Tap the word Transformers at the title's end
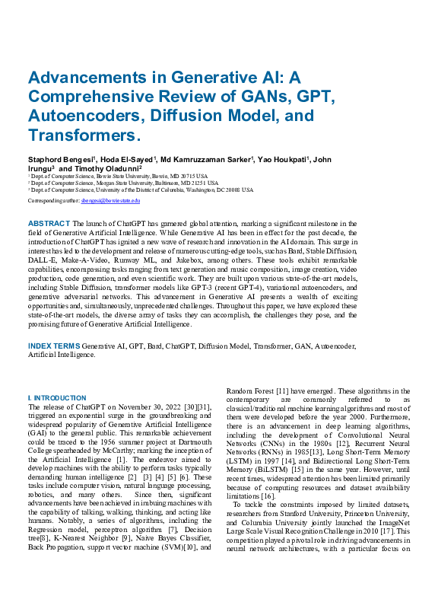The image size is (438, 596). point(83,135)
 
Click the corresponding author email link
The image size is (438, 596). point(111,201)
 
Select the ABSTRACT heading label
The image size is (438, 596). point(49,223)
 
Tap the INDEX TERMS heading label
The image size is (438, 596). point(54,346)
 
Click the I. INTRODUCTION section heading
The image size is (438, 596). point(57,398)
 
